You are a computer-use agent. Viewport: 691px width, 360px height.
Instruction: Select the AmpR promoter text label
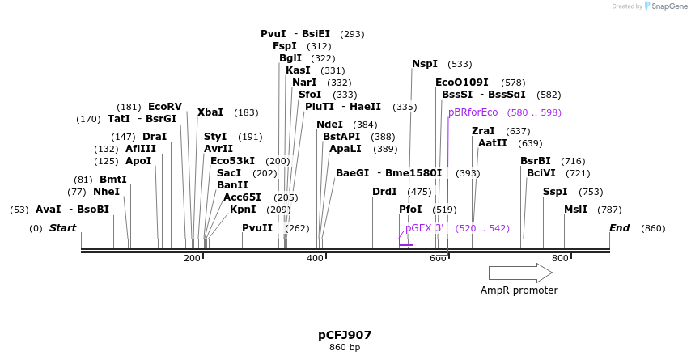click(519, 290)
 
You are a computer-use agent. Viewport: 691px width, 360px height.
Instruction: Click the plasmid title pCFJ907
click(345, 335)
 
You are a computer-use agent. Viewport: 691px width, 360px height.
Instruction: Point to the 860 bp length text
click(345, 348)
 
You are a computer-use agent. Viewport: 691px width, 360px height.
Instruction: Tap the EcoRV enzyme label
click(165, 107)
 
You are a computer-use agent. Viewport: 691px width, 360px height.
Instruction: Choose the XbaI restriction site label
click(210, 112)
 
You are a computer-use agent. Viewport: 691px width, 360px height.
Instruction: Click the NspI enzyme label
click(425, 64)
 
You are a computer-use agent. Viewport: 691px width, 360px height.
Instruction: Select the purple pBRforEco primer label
click(473, 112)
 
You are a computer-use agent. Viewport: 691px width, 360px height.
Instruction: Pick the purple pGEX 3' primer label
click(425, 228)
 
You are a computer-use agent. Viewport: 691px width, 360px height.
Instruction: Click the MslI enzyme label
click(576, 210)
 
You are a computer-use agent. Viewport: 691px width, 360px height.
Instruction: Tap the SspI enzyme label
click(555, 192)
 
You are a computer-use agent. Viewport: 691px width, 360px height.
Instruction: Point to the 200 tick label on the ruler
click(192, 259)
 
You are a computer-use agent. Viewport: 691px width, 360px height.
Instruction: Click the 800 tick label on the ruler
click(560, 259)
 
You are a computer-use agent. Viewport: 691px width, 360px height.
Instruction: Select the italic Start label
click(62, 228)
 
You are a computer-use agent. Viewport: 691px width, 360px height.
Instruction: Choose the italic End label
click(619, 228)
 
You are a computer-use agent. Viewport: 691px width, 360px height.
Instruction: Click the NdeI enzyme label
click(330, 125)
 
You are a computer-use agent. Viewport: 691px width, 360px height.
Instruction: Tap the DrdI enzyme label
click(384, 192)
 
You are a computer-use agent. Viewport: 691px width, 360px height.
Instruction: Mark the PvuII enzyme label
click(257, 228)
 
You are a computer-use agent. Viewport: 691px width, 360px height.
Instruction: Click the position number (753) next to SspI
click(591, 192)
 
